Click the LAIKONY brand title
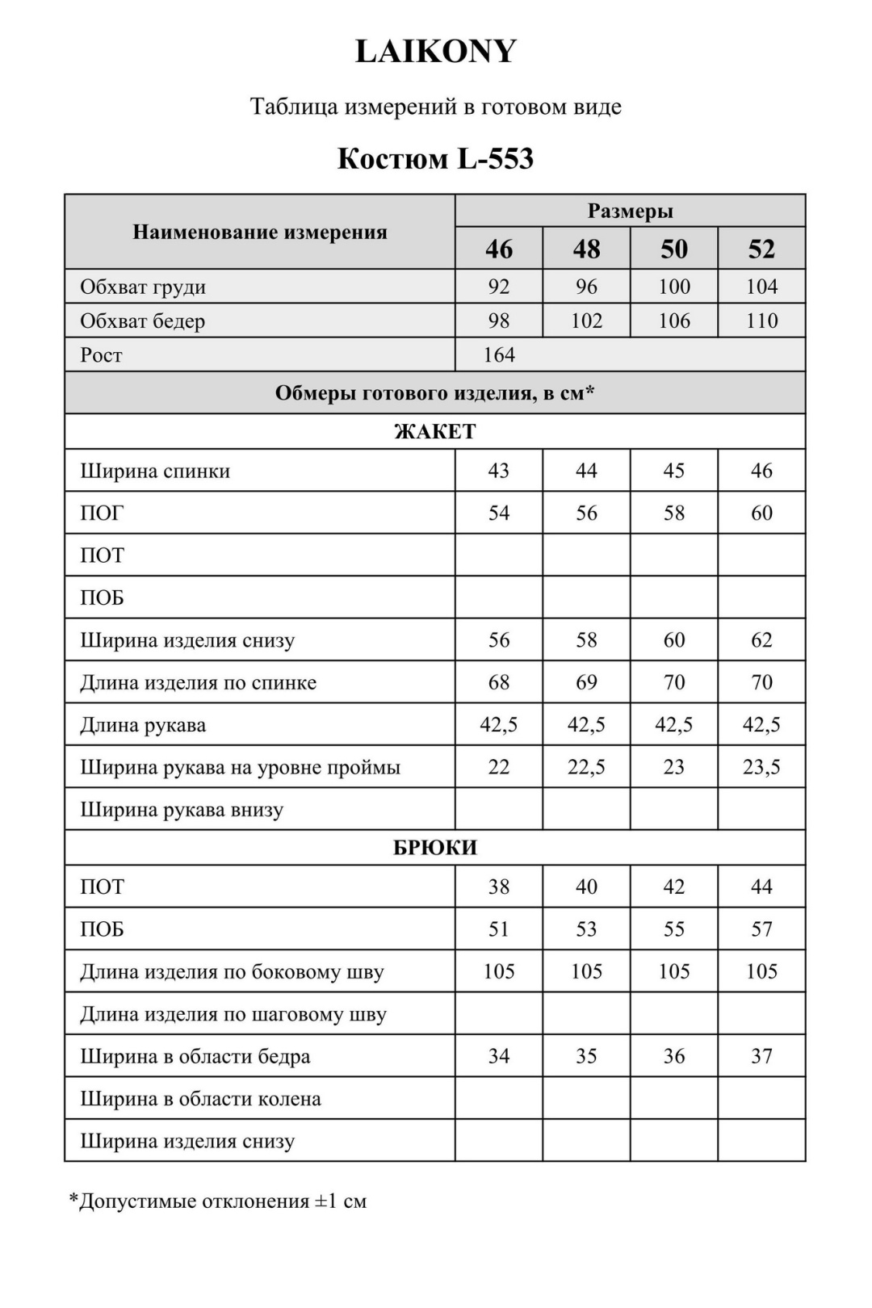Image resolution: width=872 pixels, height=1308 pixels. [x=435, y=52]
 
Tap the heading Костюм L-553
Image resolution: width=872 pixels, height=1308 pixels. [x=435, y=158]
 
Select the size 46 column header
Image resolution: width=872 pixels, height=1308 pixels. [x=499, y=249]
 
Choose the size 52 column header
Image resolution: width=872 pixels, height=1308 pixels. [x=761, y=249]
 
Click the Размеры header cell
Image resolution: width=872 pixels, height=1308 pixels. [x=630, y=212]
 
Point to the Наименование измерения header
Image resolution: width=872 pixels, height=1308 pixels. [x=260, y=233]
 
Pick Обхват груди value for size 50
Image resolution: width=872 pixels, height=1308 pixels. [x=674, y=287]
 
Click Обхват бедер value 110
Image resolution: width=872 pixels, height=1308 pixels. [x=761, y=321]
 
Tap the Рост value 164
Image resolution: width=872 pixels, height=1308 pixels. [x=499, y=354]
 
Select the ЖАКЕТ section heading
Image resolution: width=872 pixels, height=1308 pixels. [x=435, y=431]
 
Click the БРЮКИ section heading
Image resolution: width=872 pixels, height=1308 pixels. [x=435, y=848]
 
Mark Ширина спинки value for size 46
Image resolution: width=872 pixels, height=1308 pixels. [x=499, y=471]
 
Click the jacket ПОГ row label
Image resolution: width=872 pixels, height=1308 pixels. [x=102, y=514]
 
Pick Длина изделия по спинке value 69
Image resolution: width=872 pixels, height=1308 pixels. [x=586, y=682]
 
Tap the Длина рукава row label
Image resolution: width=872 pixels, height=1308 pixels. [x=143, y=725]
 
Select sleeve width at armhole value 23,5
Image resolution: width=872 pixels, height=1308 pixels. [x=761, y=767]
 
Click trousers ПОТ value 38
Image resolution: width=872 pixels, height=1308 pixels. [x=499, y=887]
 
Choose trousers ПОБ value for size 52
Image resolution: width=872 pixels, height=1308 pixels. [x=761, y=929]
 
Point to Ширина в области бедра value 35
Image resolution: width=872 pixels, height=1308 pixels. [x=586, y=1056]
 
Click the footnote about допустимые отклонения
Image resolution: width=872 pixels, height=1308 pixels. [x=218, y=1201]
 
